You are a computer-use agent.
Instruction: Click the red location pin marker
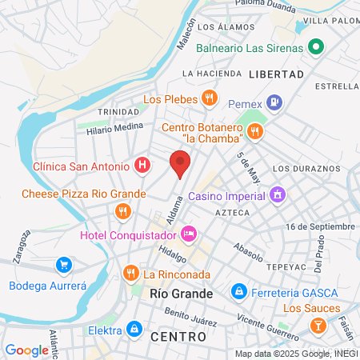tap(180, 165)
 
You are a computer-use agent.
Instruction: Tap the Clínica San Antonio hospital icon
tap(142, 166)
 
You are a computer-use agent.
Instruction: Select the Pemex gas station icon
tap(275, 102)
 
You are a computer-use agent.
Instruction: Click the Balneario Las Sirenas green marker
tap(316, 47)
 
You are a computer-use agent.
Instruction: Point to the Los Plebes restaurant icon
tap(209, 98)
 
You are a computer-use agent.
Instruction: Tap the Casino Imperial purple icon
tap(278, 194)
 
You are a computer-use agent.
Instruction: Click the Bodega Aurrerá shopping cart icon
tap(62, 265)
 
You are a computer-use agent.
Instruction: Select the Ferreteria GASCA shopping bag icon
tap(237, 291)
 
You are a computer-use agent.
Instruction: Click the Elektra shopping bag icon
tap(135, 329)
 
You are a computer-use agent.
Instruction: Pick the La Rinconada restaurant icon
tap(130, 274)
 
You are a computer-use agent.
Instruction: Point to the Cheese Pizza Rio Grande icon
tap(122, 211)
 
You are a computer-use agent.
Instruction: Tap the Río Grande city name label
tap(182, 294)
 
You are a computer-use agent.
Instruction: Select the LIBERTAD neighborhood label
tap(277, 74)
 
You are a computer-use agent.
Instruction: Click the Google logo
tap(26, 350)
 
